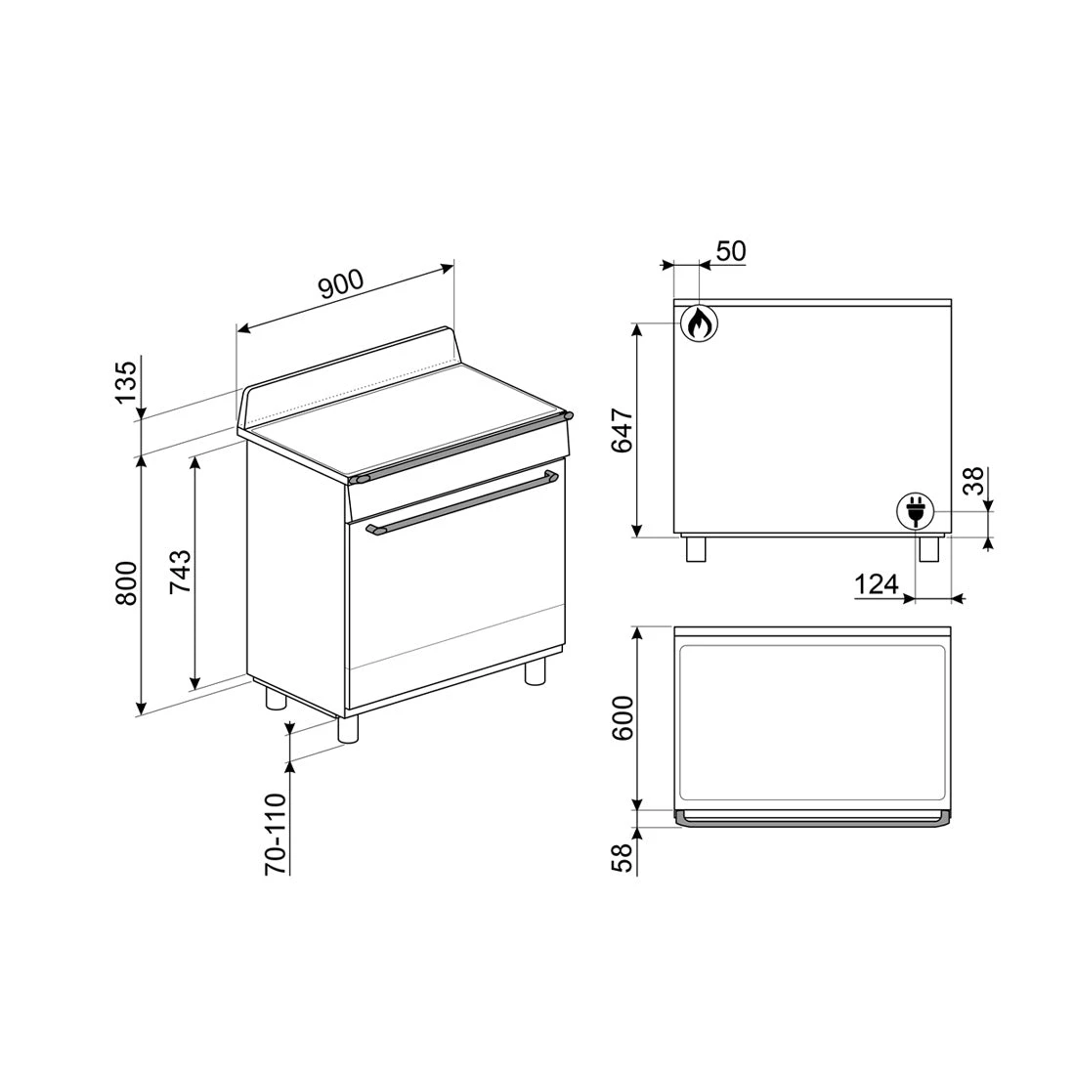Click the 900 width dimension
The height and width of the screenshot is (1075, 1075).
[341, 284]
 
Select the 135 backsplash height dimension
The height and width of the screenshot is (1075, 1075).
[126, 381]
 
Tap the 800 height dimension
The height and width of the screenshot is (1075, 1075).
[126, 583]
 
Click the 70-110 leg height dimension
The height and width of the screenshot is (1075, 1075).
[276, 833]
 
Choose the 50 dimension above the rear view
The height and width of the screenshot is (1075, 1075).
[731, 251]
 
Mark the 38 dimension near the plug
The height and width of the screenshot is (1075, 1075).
[972, 481]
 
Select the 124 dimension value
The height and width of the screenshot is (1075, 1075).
[877, 584]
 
